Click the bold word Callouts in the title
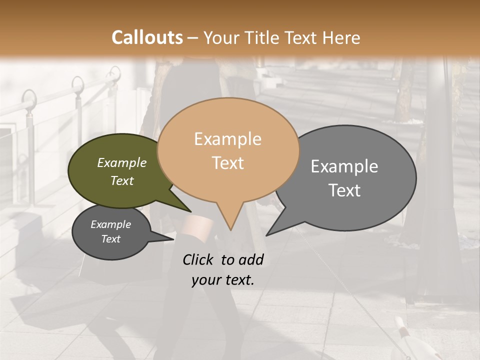coord(147,37)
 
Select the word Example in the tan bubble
coord(227,139)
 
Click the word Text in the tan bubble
coord(227,163)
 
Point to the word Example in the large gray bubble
coord(344,166)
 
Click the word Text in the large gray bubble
coord(344,190)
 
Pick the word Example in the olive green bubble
coord(121,162)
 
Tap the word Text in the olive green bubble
coord(121,180)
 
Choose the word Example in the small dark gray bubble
coord(110,224)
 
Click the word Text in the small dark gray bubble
coord(110,239)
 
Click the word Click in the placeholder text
coord(199,259)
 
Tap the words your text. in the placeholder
coord(223,280)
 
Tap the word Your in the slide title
coord(220,37)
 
